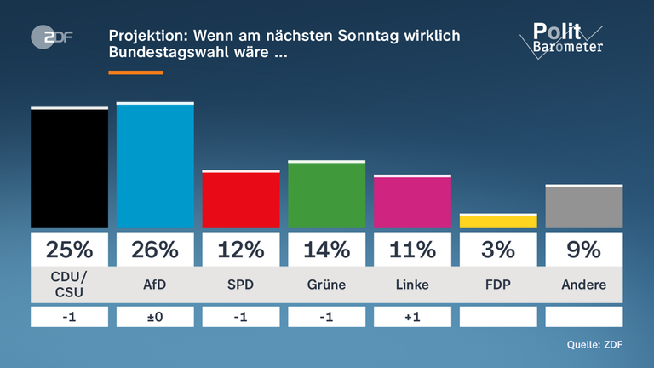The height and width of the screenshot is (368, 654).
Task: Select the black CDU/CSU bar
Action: [69, 169]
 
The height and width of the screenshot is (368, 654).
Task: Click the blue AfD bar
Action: [155, 166]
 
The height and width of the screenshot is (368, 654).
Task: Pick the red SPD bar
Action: [241, 200]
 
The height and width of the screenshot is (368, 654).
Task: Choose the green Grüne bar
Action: [327, 195]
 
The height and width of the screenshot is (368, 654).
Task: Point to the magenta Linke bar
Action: [412, 203]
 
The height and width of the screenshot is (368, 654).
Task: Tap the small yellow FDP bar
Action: [498, 221]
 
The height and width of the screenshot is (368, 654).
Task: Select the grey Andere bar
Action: [583, 207]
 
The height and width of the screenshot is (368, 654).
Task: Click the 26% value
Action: [155, 250]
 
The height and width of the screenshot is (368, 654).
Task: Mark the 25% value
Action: [69, 250]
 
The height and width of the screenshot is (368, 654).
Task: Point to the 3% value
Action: [498, 250]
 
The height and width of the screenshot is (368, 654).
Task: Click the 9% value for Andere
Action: [583, 250]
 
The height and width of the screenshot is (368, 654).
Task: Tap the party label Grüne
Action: [327, 285]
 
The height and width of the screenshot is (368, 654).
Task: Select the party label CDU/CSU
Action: [69, 285]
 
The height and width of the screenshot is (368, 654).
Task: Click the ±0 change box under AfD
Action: [155, 317]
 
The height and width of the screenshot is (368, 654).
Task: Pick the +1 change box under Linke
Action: [412, 317]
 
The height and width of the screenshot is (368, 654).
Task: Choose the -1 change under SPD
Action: [241, 317]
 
